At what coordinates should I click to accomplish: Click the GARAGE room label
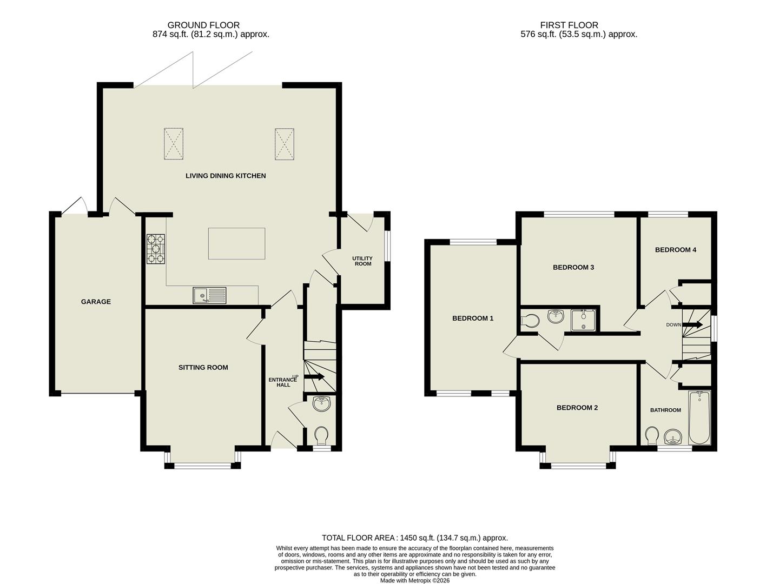click(96, 302)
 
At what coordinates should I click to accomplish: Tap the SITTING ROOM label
click(203, 367)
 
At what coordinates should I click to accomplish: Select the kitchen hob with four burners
click(155, 249)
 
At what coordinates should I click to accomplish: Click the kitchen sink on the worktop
click(210, 295)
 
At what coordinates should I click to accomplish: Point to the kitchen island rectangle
click(236, 244)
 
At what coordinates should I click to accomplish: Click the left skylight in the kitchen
click(174, 144)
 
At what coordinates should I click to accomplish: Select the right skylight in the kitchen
click(284, 144)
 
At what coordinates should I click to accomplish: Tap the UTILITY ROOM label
click(362, 261)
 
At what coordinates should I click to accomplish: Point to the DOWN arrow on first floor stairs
click(693, 325)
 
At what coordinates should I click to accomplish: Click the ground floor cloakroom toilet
click(322, 434)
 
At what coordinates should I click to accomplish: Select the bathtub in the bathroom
click(699, 418)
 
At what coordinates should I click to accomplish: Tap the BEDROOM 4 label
click(675, 250)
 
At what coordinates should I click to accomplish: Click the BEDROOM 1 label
click(473, 318)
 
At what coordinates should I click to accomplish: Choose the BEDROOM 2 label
click(577, 408)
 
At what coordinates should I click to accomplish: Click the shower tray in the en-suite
click(583, 320)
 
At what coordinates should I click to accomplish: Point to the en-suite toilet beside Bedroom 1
click(530, 321)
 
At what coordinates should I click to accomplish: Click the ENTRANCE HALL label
click(283, 382)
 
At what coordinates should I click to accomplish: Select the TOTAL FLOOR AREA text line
click(414, 538)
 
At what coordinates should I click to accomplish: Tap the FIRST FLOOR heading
click(569, 25)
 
